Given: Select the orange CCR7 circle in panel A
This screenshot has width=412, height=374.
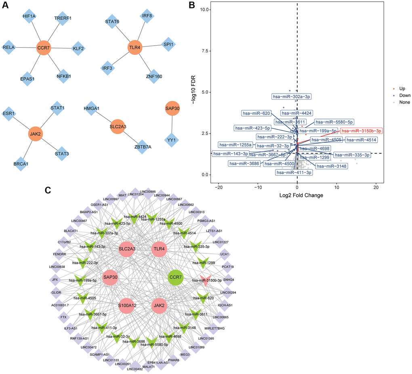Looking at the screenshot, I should click(44, 48).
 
